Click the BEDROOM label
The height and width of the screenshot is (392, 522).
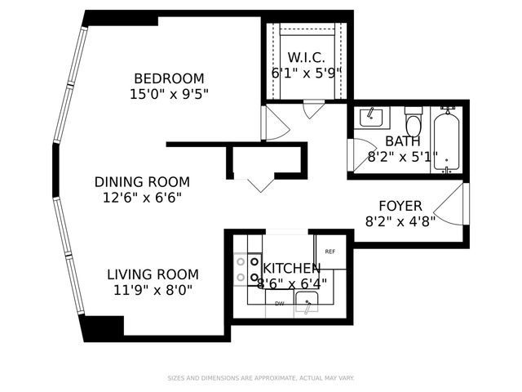click(169, 78)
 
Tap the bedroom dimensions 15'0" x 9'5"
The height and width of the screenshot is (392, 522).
click(169, 93)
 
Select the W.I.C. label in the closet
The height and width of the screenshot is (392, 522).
click(306, 57)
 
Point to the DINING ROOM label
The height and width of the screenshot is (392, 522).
click(142, 182)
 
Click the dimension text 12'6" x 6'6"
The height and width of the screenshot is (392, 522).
click(142, 197)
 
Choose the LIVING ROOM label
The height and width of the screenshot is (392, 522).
click(153, 274)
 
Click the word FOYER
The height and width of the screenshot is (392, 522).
click(400, 205)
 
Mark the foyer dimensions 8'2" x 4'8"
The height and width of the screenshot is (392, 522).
click(400, 220)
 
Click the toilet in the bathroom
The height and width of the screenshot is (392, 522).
click(414, 122)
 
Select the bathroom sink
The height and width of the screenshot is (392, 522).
click(373, 116)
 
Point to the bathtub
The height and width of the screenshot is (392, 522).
click(446, 139)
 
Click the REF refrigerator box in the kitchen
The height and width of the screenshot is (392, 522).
click(330, 252)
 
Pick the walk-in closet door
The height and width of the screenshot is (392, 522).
click(313, 109)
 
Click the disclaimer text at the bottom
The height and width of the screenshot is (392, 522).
click(261, 378)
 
